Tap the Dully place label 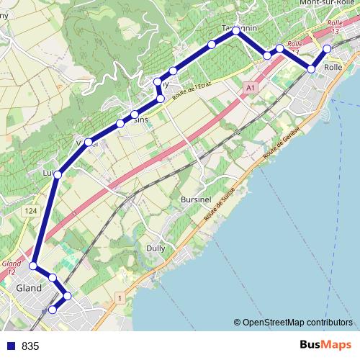click(156, 247)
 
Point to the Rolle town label click(333, 67)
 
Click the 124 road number click(30, 210)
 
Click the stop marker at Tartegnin click(235, 30)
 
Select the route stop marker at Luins click(58, 174)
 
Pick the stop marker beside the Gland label click(32, 266)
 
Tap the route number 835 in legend click(30, 346)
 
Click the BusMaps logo click(324, 346)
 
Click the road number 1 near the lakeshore click(119, 297)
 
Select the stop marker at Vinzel click(89, 142)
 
